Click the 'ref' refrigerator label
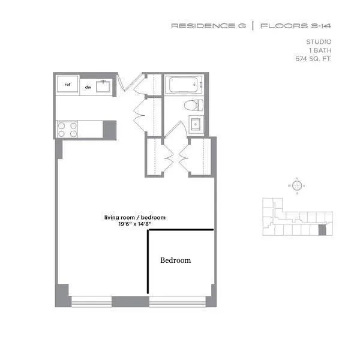(68, 84)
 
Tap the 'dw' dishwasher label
(88, 87)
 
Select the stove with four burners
(67, 130)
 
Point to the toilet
(193, 106)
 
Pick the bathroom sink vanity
(195, 125)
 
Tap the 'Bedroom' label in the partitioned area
(175, 260)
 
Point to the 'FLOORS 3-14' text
(296, 26)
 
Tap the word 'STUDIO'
(319, 41)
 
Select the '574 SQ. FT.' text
(314, 59)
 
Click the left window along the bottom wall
(91, 302)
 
